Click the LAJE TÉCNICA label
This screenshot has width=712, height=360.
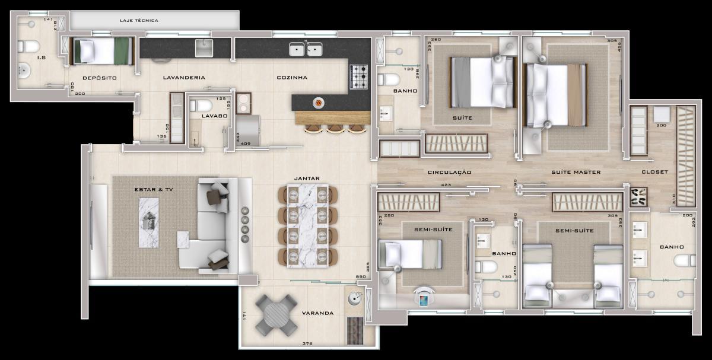point(138,20)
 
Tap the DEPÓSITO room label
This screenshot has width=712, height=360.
point(99,78)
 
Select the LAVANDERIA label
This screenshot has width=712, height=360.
point(184,78)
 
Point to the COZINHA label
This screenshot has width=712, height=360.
point(291,78)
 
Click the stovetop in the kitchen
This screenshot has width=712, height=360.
point(358,77)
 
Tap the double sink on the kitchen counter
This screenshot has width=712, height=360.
point(306,49)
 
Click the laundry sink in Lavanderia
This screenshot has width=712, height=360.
point(204,48)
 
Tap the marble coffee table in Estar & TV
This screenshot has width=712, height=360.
point(149,222)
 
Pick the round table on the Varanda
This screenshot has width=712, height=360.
point(276,314)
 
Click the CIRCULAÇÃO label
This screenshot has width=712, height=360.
point(450,172)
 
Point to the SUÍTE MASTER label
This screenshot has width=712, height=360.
point(576,172)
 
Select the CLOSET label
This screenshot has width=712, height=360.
point(654,172)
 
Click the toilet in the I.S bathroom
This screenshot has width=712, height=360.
point(28,46)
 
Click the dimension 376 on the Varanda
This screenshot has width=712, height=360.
point(307,343)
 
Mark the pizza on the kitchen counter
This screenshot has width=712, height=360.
point(319,103)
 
